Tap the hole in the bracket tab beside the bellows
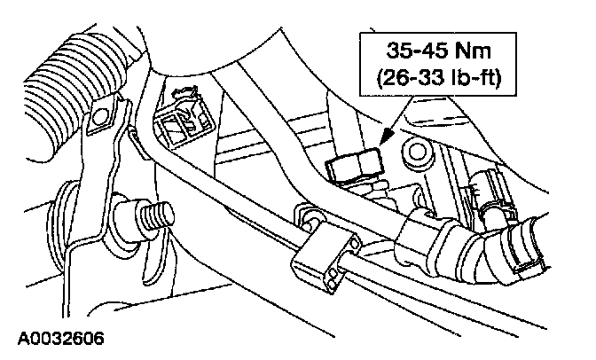pyautogui.click(x=103, y=115)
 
